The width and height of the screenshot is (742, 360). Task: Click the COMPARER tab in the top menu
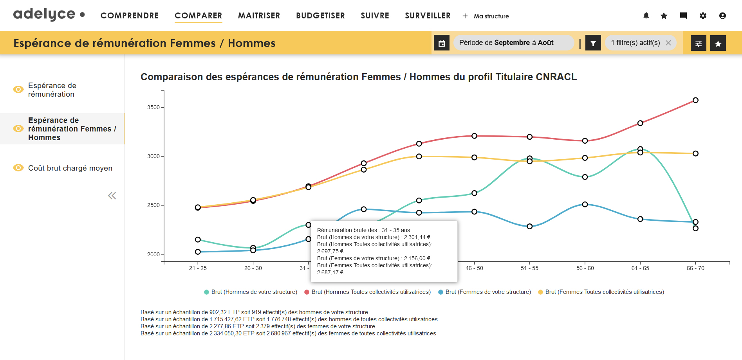pyautogui.click(x=198, y=16)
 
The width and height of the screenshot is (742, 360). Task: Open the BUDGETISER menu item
pyautogui.click(x=320, y=16)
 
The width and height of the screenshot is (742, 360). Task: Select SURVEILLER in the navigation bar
pyautogui.click(x=428, y=16)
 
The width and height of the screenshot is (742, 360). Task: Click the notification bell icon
pyautogui.click(x=646, y=16)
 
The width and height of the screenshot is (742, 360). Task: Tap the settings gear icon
pyautogui.click(x=703, y=16)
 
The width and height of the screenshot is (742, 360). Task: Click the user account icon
pyautogui.click(x=722, y=16)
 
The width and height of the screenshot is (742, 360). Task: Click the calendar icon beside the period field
pyautogui.click(x=442, y=43)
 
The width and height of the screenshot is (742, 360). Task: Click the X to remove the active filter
pyautogui.click(x=668, y=43)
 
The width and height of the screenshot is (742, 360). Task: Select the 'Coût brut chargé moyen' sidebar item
pyautogui.click(x=70, y=168)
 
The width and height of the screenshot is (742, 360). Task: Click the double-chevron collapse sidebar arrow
pyautogui.click(x=112, y=196)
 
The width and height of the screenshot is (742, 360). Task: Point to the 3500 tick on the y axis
pyautogui.click(x=153, y=107)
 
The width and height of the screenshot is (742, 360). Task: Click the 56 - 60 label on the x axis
pyautogui.click(x=585, y=268)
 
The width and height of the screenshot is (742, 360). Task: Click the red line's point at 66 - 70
pyautogui.click(x=695, y=100)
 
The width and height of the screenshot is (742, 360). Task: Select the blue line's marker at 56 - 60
pyautogui.click(x=585, y=204)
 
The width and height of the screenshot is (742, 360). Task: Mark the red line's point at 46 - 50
pyautogui.click(x=474, y=136)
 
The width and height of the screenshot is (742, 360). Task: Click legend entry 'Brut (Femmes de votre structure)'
pyautogui.click(x=488, y=292)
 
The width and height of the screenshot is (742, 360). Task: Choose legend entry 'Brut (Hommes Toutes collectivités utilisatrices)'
pyautogui.click(x=371, y=292)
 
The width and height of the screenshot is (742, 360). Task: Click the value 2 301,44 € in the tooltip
pyautogui.click(x=417, y=237)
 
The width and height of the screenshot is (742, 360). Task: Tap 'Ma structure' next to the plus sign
pyautogui.click(x=491, y=16)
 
